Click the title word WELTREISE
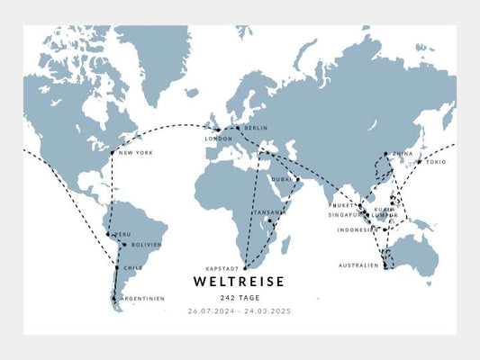(239, 282)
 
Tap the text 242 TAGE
(239, 298)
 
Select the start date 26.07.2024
(210, 311)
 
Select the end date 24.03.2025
(269, 311)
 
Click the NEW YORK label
(135, 153)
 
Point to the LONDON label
(219, 139)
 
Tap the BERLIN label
(256, 129)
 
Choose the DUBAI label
(282, 179)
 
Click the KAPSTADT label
(222, 268)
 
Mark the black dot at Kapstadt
(245, 268)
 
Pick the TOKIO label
(435, 162)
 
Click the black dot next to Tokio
(419, 162)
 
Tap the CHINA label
(403, 154)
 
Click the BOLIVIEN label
(146, 245)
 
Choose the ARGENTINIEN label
(142, 299)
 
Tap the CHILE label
(132, 267)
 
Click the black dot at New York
(113, 153)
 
